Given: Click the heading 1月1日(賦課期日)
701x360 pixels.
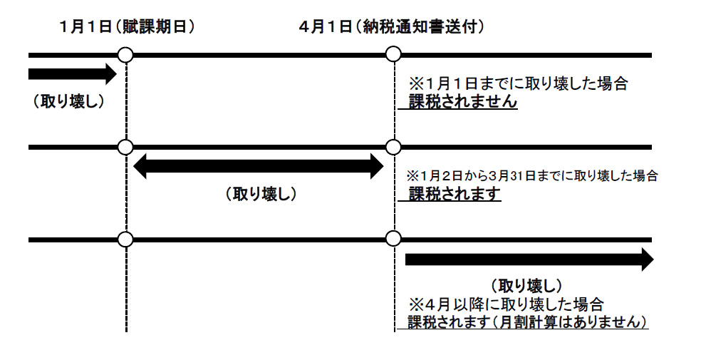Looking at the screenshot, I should pyautogui.click(x=128, y=27).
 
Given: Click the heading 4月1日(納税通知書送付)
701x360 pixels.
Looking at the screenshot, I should pyautogui.click(x=392, y=27).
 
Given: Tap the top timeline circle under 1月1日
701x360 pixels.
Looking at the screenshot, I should pyautogui.click(x=125, y=55).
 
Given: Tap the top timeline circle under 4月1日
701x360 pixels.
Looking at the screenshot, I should pyautogui.click(x=393, y=55).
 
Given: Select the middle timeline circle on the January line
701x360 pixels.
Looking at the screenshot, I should pyautogui.click(x=125, y=147).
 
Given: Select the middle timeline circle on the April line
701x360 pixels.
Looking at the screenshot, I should pyautogui.click(x=393, y=147).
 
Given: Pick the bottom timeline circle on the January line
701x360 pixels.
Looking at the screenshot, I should pyautogui.click(x=125, y=239).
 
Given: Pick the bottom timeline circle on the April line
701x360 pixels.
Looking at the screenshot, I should pyautogui.click(x=393, y=239).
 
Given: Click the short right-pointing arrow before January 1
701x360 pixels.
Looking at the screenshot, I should pyautogui.click(x=71, y=73).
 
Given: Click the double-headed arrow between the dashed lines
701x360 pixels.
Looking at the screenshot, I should pyautogui.click(x=259, y=167).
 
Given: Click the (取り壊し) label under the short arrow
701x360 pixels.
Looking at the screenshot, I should pyautogui.click(x=68, y=101).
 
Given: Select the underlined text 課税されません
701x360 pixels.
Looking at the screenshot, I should pyautogui.click(x=462, y=102).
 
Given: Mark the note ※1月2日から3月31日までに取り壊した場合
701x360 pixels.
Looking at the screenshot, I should pyautogui.click(x=531, y=175).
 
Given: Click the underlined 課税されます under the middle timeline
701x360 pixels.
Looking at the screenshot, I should pyautogui.click(x=455, y=193).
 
